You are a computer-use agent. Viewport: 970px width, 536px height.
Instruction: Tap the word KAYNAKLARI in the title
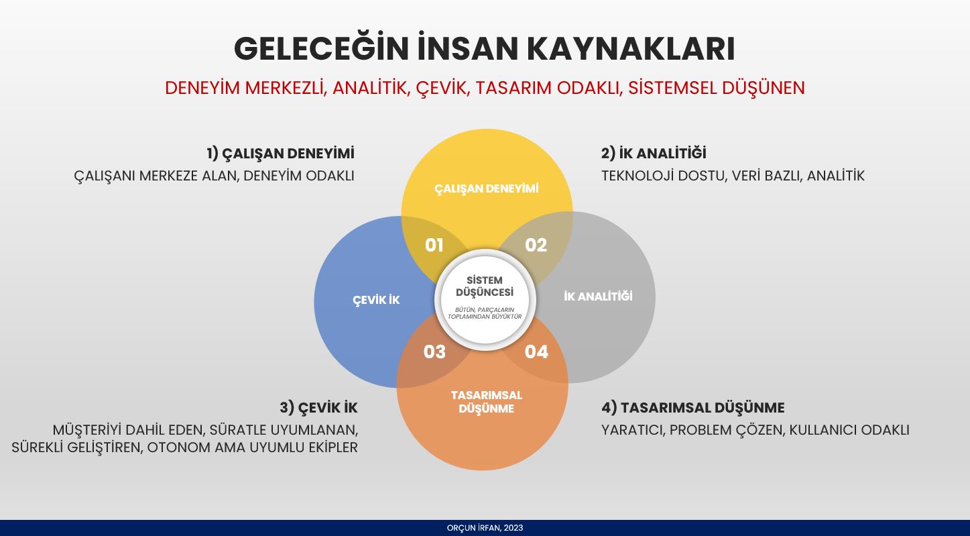click(x=631, y=48)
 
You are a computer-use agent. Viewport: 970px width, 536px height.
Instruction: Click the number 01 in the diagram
click(x=434, y=246)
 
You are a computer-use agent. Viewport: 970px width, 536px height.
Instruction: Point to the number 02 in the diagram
click(x=536, y=246)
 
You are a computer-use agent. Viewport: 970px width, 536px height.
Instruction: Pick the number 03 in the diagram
click(x=434, y=352)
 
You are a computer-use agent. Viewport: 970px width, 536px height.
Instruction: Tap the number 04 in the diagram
click(x=536, y=352)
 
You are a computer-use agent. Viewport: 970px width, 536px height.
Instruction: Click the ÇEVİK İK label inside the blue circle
click(x=376, y=299)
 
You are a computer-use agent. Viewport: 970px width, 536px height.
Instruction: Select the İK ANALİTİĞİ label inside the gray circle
click(x=598, y=296)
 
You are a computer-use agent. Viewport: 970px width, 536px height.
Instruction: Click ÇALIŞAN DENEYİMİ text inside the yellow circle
click(x=486, y=189)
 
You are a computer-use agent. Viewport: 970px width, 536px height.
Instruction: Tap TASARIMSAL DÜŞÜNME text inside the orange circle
click(x=486, y=402)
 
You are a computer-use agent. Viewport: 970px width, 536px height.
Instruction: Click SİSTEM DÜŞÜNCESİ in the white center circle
click(x=485, y=286)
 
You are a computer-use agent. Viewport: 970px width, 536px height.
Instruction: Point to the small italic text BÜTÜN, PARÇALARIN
click(x=485, y=310)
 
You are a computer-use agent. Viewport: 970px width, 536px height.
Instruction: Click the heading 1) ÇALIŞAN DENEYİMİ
click(x=280, y=154)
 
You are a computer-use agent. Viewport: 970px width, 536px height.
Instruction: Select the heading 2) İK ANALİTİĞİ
click(x=654, y=153)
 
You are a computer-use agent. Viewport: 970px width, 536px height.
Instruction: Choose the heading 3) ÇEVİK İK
click(x=318, y=408)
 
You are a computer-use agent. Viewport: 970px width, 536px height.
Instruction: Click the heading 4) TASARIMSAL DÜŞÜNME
click(x=693, y=408)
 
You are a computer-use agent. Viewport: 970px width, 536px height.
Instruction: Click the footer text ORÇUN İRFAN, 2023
click(x=485, y=528)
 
